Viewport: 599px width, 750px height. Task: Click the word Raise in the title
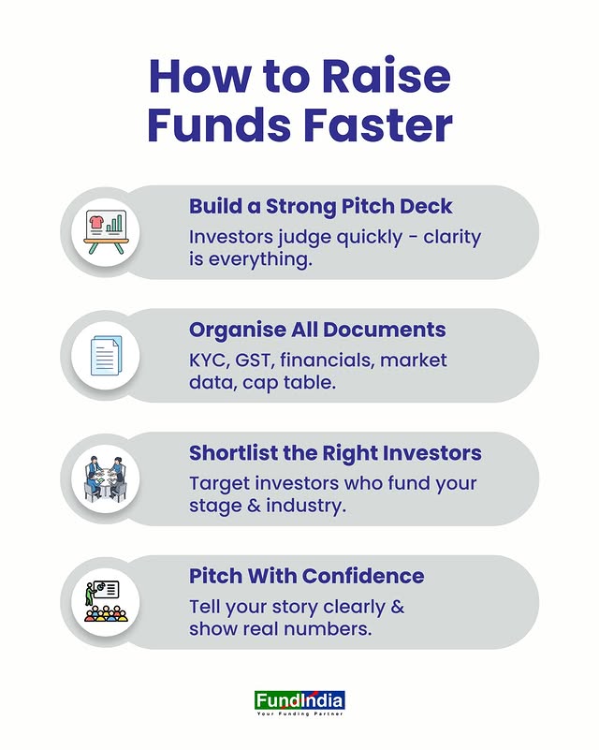(x=386, y=76)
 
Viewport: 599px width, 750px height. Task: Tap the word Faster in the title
(x=378, y=125)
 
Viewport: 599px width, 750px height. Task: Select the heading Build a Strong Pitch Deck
(x=320, y=206)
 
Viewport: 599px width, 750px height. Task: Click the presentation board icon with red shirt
(x=106, y=232)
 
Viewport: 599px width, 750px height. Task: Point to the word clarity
(x=452, y=237)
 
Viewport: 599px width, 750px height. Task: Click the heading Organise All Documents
(x=317, y=330)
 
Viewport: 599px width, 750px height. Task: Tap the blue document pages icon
(x=106, y=356)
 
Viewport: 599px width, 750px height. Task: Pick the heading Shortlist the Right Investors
(x=335, y=453)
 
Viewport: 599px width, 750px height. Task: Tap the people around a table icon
(x=106, y=478)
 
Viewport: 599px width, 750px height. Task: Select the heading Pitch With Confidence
(x=306, y=576)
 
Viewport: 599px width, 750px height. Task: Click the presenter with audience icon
(x=106, y=601)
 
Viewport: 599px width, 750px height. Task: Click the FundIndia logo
(x=299, y=700)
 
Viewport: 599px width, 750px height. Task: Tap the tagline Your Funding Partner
(x=299, y=713)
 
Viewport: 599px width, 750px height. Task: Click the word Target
(x=219, y=483)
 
